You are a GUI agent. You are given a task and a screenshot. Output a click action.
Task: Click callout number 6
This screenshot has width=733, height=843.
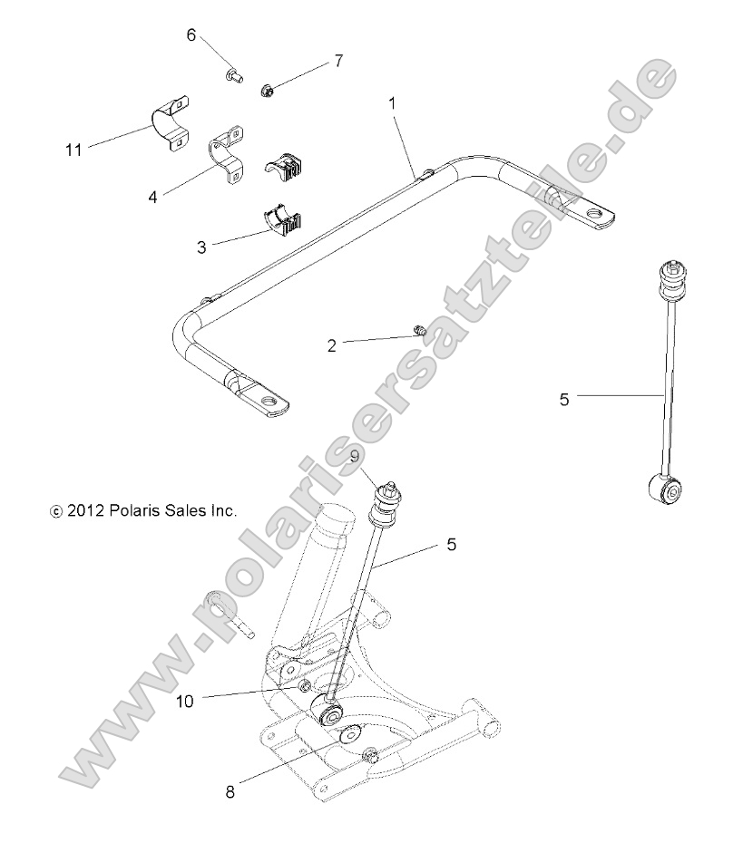tap(191, 35)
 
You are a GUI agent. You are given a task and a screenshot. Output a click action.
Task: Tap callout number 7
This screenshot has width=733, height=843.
tap(338, 61)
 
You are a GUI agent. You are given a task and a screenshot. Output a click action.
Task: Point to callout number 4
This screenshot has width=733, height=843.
tap(153, 195)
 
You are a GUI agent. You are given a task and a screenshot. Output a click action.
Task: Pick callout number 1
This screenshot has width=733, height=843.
tap(392, 104)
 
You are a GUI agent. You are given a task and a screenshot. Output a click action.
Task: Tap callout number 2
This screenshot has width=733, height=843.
tap(332, 344)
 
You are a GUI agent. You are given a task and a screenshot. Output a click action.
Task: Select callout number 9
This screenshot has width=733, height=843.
tap(356, 457)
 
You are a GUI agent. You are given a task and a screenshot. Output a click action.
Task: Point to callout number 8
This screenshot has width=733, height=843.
tap(230, 791)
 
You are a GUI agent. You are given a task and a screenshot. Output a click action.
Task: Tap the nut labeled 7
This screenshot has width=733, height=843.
tap(268, 90)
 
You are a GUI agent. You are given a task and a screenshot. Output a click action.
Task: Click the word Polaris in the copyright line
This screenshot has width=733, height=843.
tap(136, 510)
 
